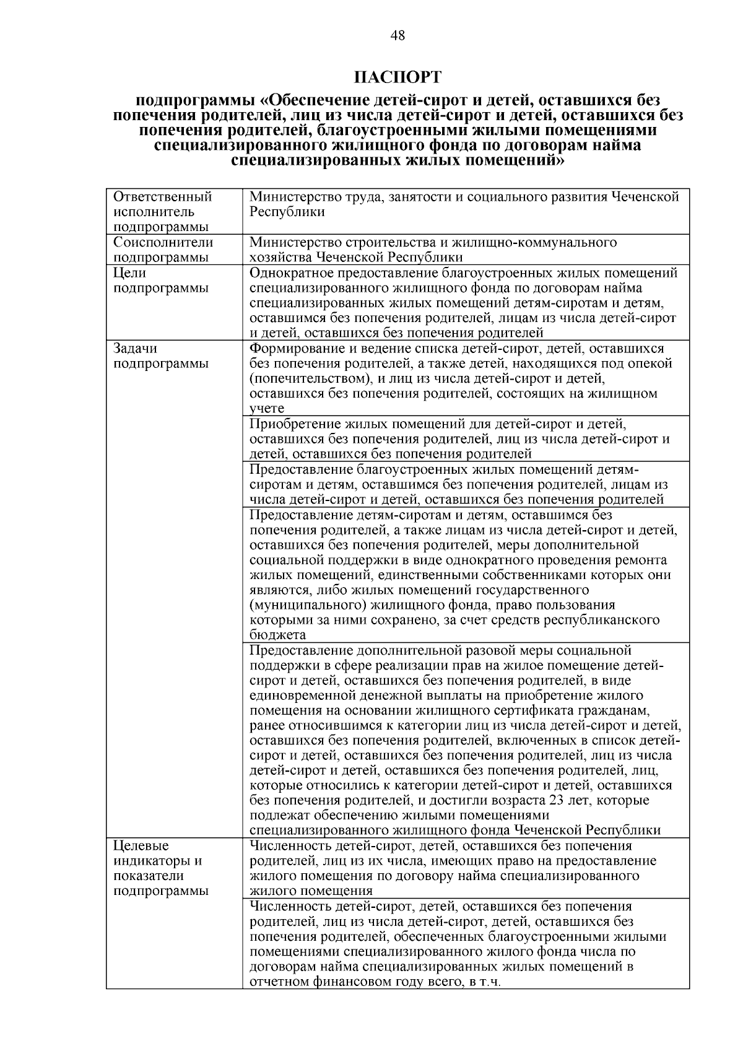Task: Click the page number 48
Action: point(398,36)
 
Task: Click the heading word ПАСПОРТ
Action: point(398,77)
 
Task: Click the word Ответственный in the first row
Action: point(163,197)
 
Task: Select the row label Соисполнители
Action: point(163,242)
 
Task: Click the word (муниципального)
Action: point(305,605)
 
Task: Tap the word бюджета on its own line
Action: point(277,635)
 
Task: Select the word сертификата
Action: point(541,710)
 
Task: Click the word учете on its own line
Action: point(267,409)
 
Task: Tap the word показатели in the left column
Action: point(149,876)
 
